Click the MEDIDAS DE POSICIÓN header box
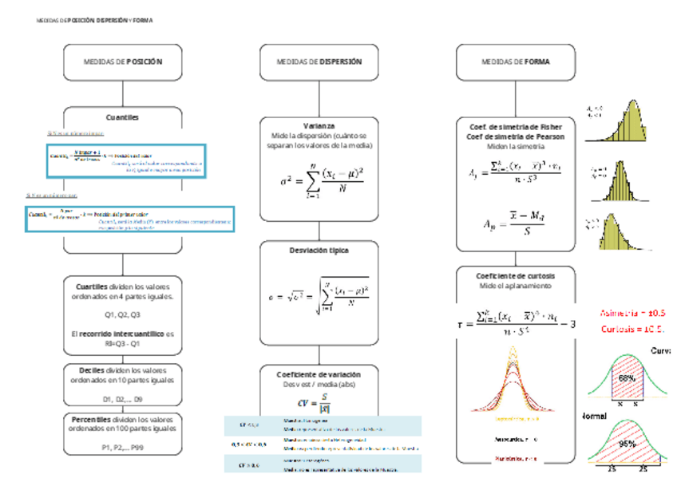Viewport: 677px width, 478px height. [123, 61]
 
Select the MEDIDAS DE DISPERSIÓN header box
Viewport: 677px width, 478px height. [319, 61]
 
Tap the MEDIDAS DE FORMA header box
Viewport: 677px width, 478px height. [515, 61]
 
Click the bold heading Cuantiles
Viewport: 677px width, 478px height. [123, 117]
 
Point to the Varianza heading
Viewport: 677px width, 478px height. [319, 126]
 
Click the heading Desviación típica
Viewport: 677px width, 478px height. [319, 250]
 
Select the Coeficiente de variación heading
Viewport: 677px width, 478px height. [319, 373]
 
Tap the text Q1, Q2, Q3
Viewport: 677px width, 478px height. [123, 314]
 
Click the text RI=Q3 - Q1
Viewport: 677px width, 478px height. [123, 344]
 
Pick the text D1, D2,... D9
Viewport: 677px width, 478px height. [123, 398]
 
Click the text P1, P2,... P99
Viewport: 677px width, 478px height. [123, 447]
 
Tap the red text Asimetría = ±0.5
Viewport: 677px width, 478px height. [631, 313]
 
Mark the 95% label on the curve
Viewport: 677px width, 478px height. [626, 444]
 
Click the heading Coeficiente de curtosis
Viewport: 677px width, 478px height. [515, 275]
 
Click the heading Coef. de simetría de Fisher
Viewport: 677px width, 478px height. [515, 127]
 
